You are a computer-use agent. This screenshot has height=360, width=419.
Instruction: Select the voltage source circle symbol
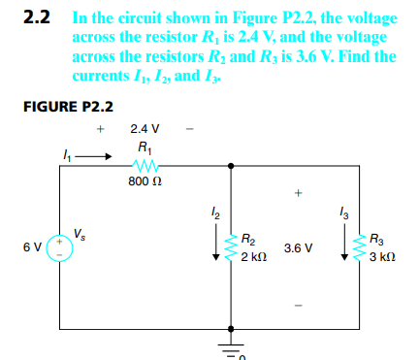pos(60,246)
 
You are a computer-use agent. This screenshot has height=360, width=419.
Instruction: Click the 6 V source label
pos(30,246)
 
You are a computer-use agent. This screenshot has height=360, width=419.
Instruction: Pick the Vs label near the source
pos(79,233)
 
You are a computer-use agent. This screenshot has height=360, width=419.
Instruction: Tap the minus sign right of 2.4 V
pos(190,127)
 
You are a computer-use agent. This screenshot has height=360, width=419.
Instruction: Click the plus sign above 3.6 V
pos(298,192)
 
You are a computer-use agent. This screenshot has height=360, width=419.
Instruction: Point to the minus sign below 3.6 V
pos(298,312)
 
